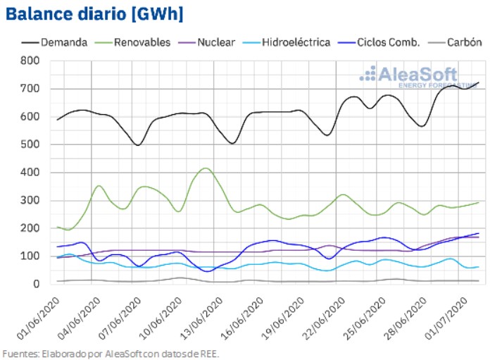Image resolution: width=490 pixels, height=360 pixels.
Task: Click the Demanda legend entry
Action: tap(64, 42)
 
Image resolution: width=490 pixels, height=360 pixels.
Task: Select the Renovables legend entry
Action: tap(142, 42)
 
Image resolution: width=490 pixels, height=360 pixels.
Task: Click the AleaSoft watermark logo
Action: tap(408, 76)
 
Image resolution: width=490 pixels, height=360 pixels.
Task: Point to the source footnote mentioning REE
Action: tap(111, 353)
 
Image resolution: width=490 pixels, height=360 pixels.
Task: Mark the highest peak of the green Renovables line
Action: tap(205, 168)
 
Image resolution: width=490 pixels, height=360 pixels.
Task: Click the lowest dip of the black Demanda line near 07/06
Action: tap(138, 145)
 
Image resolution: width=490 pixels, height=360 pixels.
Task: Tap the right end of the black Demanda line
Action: tap(478, 83)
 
